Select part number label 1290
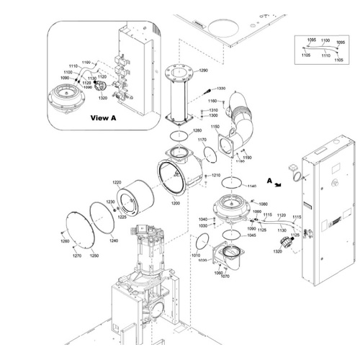(203, 71)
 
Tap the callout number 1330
(220, 89)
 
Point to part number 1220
(117, 182)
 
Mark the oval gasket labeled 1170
(209, 153)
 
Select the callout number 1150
(215, 127)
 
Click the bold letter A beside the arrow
(269, 181)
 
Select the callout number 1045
(251, 235)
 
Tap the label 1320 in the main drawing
(277, 252)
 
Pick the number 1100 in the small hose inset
(325, 41)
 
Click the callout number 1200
(175, 203)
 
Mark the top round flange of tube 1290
(176, 72)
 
